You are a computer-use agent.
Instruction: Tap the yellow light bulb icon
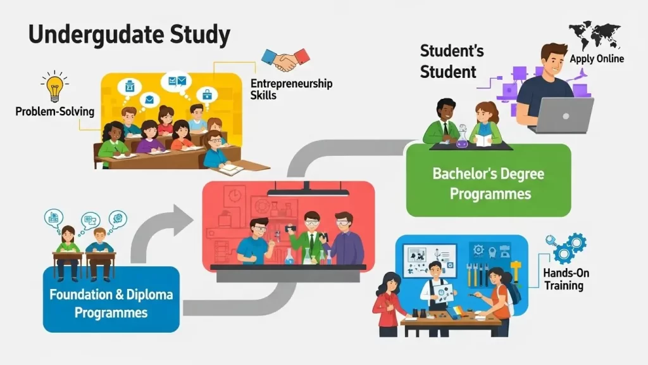54,86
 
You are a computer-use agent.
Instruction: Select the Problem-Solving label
54,112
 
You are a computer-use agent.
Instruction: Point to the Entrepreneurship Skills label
291,89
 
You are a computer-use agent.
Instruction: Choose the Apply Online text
597,59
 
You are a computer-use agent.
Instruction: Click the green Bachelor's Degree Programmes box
489,180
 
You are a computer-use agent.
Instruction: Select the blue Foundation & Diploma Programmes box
111,299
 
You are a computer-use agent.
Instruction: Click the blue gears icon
567,248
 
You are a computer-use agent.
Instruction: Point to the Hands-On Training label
566,279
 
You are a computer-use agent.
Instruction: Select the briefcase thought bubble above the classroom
207,95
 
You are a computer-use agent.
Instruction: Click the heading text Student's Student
451,61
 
